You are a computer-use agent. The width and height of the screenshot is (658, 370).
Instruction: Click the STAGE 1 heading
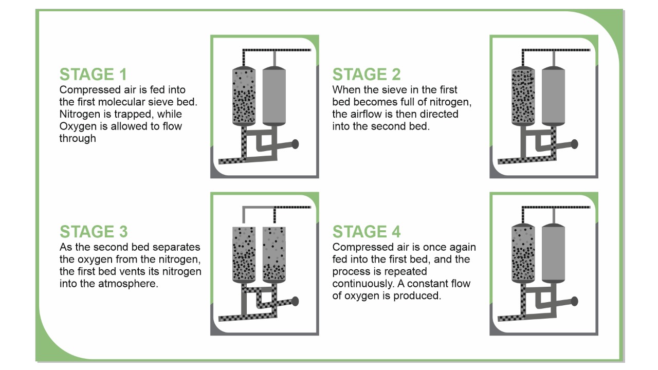point(93,75)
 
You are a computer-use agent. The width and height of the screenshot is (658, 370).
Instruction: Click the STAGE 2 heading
point(367,75)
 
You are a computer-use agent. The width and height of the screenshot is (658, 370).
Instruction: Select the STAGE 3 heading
point(94,232)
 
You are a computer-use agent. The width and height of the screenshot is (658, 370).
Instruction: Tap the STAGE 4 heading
point(367,232)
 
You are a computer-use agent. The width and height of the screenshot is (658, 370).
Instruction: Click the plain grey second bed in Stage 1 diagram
point(274,96)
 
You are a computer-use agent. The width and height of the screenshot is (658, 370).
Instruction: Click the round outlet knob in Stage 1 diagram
point(295,144)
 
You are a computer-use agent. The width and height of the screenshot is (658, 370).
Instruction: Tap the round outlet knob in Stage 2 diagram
point(574,144)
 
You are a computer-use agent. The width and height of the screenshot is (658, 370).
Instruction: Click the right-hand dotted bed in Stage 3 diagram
point(274,254)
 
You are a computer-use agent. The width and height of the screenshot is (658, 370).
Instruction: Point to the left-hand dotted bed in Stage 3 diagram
point(244,254)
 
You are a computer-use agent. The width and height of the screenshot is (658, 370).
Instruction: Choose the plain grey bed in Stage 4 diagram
point(554,253)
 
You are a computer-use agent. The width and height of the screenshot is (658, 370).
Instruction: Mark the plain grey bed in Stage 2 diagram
point(554,96)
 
